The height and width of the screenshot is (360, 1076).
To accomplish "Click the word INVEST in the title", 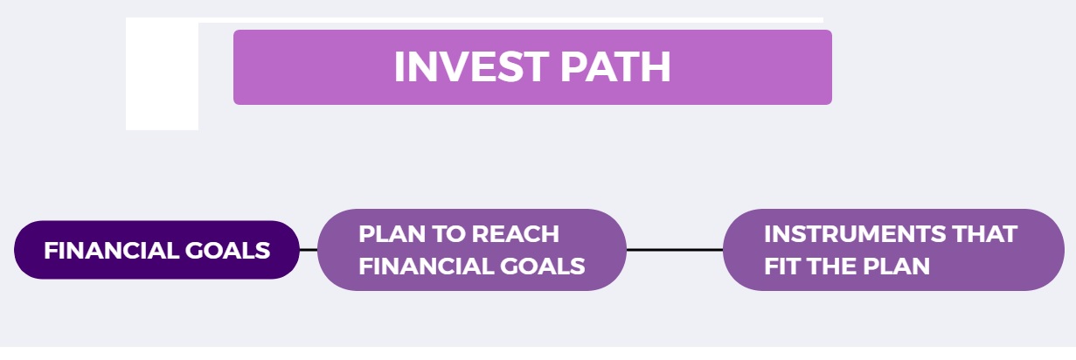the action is tap(471, 66).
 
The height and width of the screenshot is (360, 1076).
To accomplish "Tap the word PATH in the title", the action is tap(615, 66).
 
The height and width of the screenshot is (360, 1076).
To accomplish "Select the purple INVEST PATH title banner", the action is tap(532, 67).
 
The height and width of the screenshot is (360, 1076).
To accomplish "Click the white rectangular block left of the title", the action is tap(162, 74).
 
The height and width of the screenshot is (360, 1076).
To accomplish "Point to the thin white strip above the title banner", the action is tap(510, 20).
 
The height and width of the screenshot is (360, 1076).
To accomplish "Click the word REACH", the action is tap(516, 234).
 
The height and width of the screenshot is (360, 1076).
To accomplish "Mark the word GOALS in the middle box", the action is tap(542, 267).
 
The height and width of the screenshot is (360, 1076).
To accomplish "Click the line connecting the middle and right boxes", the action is tap(675, 250).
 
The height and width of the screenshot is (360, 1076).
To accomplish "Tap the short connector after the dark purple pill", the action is tap(309, 250).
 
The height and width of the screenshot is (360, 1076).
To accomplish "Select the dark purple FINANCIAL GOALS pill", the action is tap(156, 250).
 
